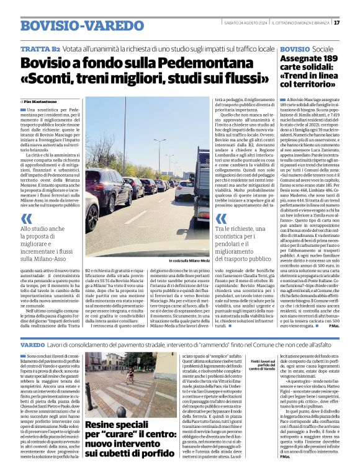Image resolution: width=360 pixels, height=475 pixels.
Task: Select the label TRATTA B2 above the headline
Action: (40, 48)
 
